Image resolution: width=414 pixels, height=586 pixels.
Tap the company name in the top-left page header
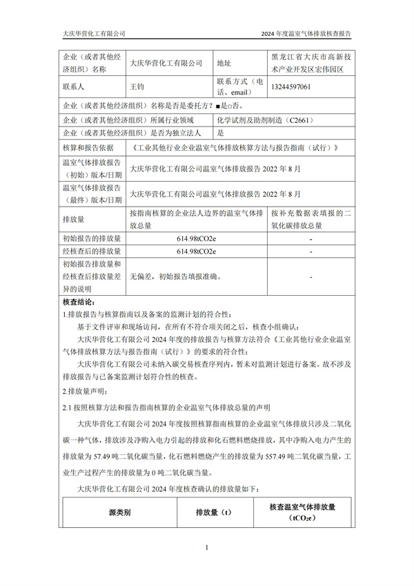click(x=94, y=33)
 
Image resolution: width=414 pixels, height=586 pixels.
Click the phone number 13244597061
click(x=294, y=87)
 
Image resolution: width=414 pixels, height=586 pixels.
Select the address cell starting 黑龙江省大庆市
click(x=312, y=63)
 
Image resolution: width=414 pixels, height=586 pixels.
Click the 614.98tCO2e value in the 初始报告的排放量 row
click(x=197, y=238)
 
